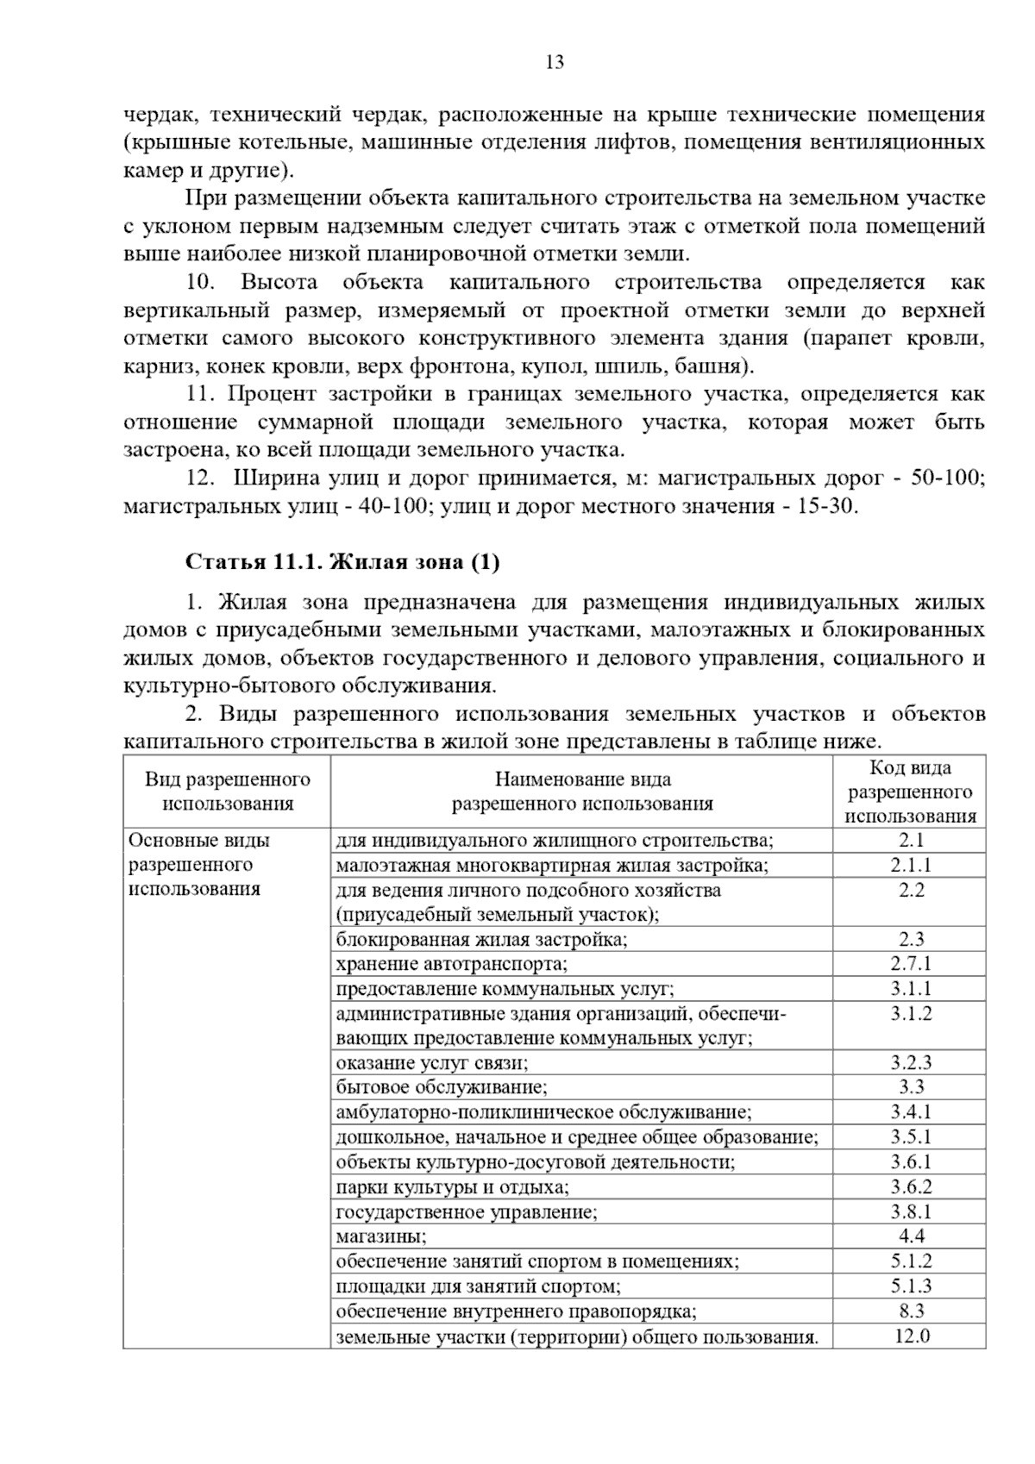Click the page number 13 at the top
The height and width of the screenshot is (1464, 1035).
tap(555, 62)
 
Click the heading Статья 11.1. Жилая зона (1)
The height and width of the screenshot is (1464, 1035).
tap(342, 562)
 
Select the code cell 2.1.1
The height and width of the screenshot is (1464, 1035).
tap(911, 865)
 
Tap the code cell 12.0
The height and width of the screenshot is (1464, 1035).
tap(911, 1336)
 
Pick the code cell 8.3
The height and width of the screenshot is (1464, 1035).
tap(911, 1311)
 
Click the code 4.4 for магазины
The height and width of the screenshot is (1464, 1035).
tap(911, 1236)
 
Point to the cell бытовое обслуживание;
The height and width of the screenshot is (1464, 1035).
tap(442, 1088)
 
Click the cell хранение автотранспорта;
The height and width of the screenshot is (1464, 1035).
tap(452, 964)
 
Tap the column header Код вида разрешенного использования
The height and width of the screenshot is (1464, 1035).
tap(911, 791)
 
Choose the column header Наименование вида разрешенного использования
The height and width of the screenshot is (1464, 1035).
tap(582, 791)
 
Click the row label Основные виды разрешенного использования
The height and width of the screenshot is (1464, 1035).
tap(199, 864)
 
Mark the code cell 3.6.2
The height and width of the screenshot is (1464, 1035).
tap(911, 1187)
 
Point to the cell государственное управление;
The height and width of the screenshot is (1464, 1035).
tap(467, 1212)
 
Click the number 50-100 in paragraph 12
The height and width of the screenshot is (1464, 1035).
tap(947, 478)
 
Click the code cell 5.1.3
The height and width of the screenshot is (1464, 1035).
tap(911, 1286)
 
